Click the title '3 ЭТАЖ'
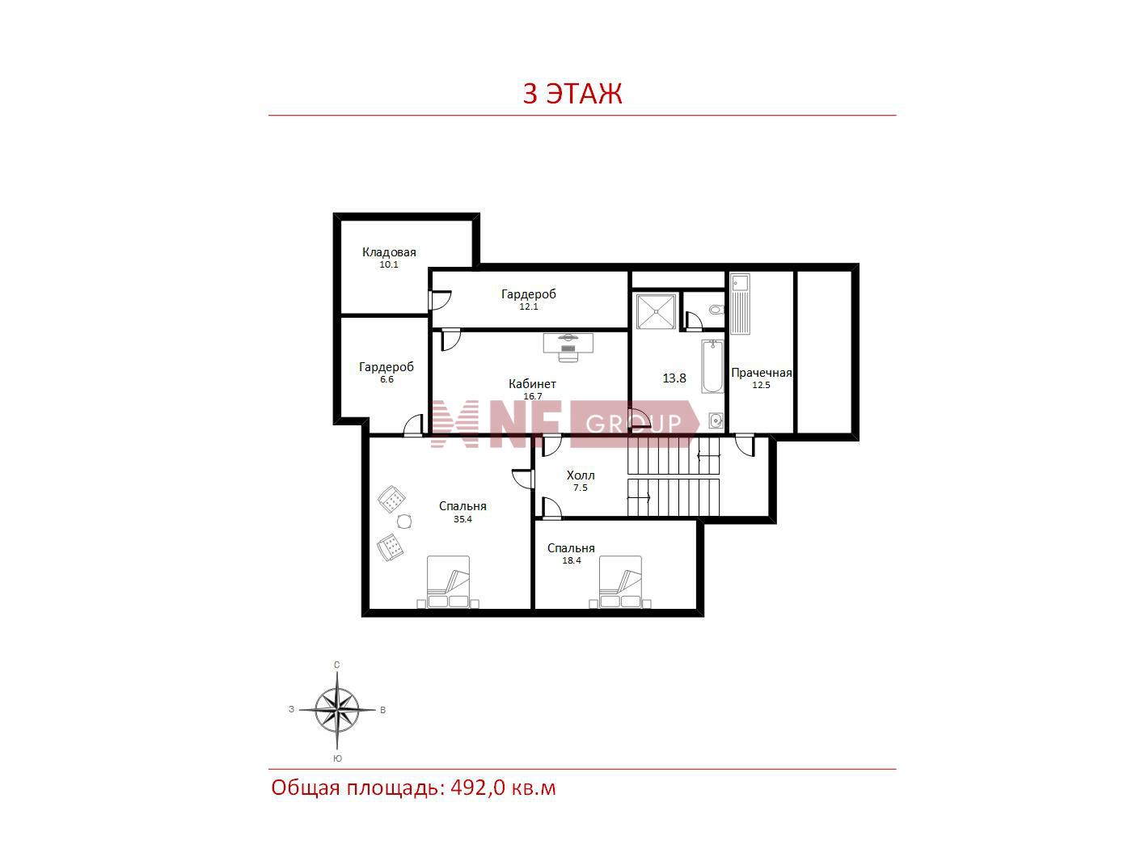(x=572, y=93)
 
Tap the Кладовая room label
(x=389, y=252)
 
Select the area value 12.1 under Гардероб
(x=529, y=306)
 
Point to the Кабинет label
(x=532, y=383)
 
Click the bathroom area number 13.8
(x=674, y=378)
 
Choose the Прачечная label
(x=761, y=373)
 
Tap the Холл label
(x=581, y=475)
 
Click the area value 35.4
(x=463, y=519)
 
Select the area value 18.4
(x=572, y=560)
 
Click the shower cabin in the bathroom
(x=656, y=311)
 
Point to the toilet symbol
(x=716, y=310)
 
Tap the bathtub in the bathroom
(x=712, y=366)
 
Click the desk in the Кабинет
(x=568, y=344)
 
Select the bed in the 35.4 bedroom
(x=448, y=582)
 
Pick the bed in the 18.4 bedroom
(x=620, y=582)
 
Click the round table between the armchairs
(x=404, y=522)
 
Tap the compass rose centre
(x=336, y=710)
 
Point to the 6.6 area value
(x=386, y=379)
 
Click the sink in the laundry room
(x=740, y=304)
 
